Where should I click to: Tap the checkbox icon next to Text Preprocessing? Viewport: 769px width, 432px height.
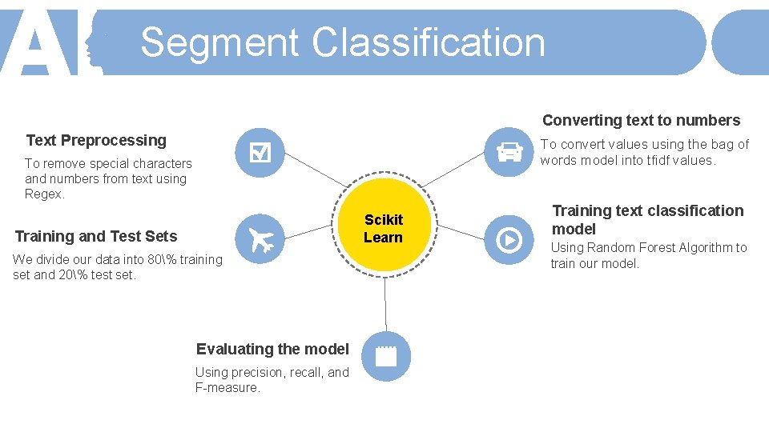click(260, 152)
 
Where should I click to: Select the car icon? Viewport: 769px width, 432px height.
click(509, 152)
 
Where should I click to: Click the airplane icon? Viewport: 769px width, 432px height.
click(260, 238)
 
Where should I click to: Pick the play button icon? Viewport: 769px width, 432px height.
click(509, 239)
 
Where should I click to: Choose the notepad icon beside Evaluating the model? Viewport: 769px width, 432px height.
click(386, 355)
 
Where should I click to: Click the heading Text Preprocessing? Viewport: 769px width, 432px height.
click(96, 141)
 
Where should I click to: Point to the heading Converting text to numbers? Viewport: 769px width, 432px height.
click(641, 121)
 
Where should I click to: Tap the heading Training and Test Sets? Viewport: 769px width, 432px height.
click(96, 236)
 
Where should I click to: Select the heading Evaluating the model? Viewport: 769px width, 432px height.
click(272, 349)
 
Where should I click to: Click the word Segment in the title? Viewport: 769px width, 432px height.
click(219, 42)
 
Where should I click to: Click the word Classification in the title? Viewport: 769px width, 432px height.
click(429, 42)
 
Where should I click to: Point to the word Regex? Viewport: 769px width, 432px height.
click(44, 194)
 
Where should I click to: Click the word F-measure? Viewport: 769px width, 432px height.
click(227, 388)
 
